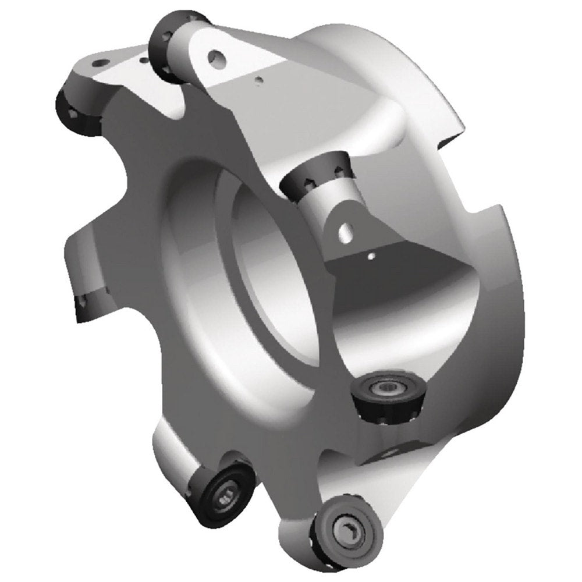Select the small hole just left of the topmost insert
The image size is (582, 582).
point(143,58)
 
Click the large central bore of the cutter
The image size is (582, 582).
point(274,274)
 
